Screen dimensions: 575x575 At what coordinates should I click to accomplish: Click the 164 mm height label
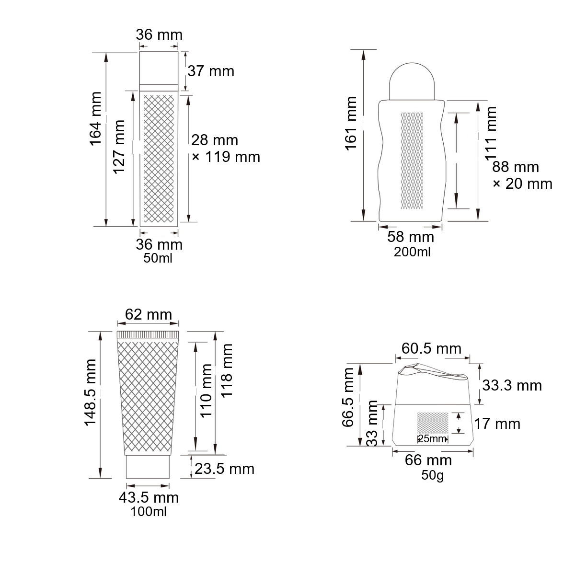[x=95, y=119]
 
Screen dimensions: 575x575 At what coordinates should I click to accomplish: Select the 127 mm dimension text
[x=118, y=147]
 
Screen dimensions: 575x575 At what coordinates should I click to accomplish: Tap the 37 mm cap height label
[x=211, y=71]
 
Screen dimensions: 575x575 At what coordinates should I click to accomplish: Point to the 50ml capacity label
[x=158, y=258]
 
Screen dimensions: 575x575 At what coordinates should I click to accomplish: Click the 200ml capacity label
[x=412, y=252]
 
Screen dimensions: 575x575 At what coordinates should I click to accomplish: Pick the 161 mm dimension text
[x=351, y=124]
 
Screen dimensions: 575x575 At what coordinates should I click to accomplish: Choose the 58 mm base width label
[x=411, y=237]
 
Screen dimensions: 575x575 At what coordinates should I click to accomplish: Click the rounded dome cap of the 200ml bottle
[x=412, y=80]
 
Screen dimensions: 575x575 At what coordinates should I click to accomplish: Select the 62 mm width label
[x=148, y=314]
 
